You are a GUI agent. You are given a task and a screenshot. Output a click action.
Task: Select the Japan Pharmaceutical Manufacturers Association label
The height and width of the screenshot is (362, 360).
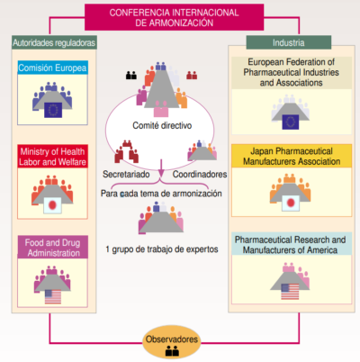coord(289,155)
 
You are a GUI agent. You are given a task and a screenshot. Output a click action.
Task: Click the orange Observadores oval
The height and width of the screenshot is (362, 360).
coord(172,342)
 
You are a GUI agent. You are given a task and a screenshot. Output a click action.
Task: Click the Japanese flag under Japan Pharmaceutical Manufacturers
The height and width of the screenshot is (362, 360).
coord(291,204)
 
